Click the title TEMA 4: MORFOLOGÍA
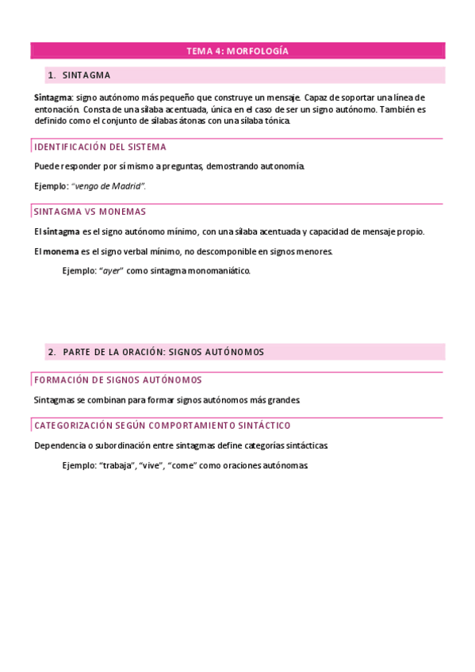click(237, 52)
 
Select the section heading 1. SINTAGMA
click(86, 75)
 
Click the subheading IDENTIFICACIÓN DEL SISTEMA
click(100, 147)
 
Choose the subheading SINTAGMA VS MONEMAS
click(90, 212)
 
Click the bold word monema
click(61, 251)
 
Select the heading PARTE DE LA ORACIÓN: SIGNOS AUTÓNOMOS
click(163, 352)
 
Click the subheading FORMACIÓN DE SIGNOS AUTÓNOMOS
click(117, 380)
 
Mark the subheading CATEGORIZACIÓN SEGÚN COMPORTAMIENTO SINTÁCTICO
click(162, 426)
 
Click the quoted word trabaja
click(117, 465)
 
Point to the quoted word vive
click(151, 465)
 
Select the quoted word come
click(182, 465)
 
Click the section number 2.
click(51, 352)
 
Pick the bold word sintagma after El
click(61, 231)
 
